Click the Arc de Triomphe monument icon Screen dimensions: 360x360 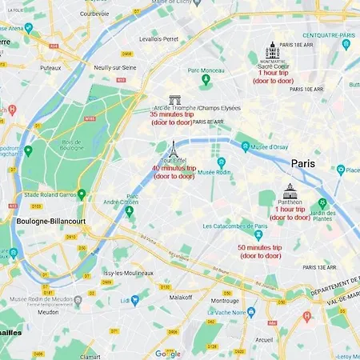click(x=174, y=100)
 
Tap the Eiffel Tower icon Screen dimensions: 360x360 click(x=172, y=150)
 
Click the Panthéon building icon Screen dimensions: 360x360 click(x=290, y=192)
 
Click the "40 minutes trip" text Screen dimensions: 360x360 click(x=174, y=168)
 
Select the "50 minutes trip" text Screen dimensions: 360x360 click(x=260, y=248)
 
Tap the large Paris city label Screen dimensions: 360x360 click(x=302, y=163)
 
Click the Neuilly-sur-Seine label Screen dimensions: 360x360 click(x=117, y=69)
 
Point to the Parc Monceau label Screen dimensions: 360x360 click(x=207, y=70)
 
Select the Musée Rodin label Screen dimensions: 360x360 click(x=214, y=172)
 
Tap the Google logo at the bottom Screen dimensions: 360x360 click(x=167, y=353)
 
